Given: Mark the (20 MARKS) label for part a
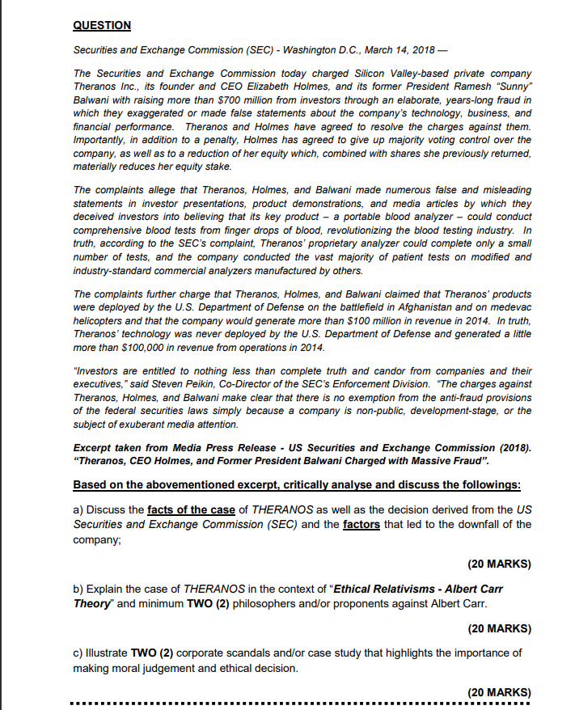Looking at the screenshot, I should pos(499,564).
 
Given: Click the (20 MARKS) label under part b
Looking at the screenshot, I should pos(499,628).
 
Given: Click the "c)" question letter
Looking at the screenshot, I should pos(78,653).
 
